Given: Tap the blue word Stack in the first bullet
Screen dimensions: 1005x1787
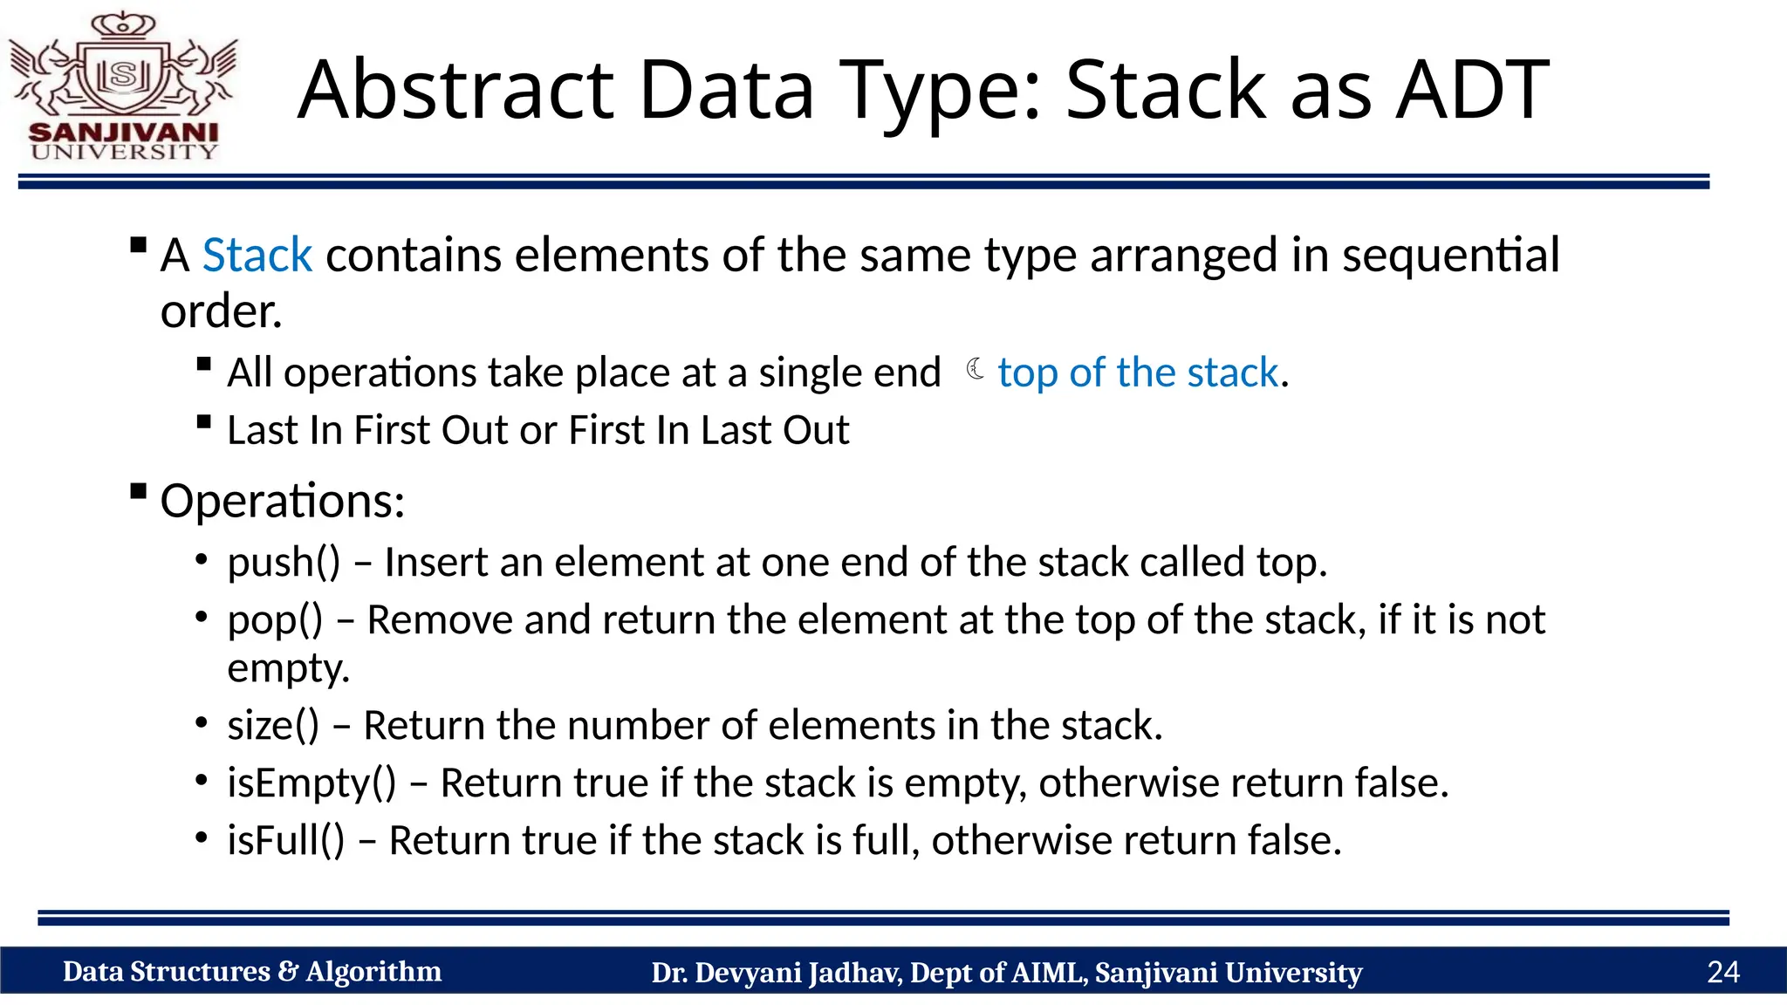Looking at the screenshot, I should (257, 256).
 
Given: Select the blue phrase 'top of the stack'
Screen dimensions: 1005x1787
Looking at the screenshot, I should (1138, 373).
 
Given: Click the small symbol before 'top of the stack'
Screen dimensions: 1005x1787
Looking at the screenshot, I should (976, 370).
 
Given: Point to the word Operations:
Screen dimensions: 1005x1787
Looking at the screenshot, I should (283, 502).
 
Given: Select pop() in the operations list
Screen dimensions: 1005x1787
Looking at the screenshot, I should (275, 620).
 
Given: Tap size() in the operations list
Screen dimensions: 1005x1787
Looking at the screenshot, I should (273, 726).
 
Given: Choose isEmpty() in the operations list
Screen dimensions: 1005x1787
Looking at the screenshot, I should (312, 783).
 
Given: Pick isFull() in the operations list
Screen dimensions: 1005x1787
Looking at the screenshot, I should (286, 840).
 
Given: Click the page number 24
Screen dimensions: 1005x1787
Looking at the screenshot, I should (1722, 972).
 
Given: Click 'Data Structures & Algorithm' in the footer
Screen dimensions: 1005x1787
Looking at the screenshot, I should (252, 972).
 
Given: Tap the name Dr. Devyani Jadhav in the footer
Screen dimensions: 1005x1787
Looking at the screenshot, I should (776, 973).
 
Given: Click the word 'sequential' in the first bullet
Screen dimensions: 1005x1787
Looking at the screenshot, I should (1450, 256).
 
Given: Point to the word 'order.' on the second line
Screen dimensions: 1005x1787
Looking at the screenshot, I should (222, 311).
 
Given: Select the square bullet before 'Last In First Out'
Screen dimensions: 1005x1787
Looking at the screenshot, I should (204, 423).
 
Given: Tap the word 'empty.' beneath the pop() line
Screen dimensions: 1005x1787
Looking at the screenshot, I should (288, 668).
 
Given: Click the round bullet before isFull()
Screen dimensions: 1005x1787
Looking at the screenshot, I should (202, 838).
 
